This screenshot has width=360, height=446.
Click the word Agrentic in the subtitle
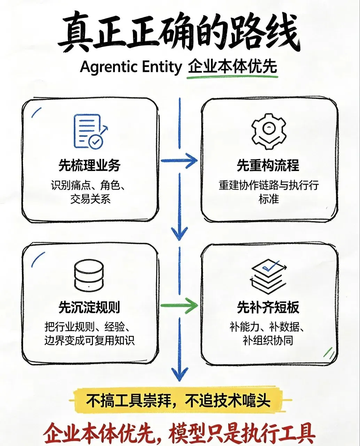tap(108, 67)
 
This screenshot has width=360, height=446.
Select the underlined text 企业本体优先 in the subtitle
tap(233, 67)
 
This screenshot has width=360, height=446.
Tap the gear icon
tap(268, 131)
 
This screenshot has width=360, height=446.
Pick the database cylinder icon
tap(89, 276)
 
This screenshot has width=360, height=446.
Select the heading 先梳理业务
tap(89, 166)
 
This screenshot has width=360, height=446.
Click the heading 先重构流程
tap(268, 166)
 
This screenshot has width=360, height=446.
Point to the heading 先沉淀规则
tap(89, 307)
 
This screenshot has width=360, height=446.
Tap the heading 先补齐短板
tap(268, 307)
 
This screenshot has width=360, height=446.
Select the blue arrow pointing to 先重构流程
tap(179, 161)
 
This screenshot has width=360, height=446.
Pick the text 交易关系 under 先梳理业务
tap(91, 199)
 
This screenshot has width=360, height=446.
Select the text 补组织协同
tap(268, 341)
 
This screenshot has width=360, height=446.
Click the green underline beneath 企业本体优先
tap(232, 77)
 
